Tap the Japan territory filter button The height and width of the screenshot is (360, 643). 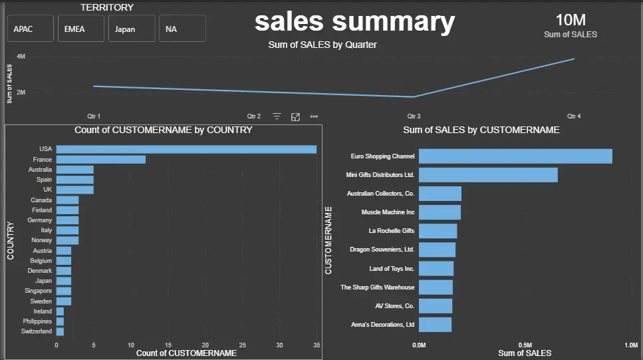[132, 29]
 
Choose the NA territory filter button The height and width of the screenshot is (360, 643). [182, 29]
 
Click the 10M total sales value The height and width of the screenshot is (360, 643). [570, 20]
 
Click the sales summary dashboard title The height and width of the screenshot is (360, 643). [354, 21]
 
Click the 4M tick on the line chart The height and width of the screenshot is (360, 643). [21, 57]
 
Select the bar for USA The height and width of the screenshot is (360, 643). [186, 149]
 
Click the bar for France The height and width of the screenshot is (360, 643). [100, 160]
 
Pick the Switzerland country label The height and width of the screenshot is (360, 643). [37, 331]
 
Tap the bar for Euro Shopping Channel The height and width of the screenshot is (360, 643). [515, 156]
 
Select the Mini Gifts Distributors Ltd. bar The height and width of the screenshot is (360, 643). [488, 175]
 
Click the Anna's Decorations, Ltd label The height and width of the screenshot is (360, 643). [382, 325]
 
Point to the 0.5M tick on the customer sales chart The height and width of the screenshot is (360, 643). [525, 345]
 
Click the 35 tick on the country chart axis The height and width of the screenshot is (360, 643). [317, 345]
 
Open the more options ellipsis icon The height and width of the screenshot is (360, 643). [314, 116]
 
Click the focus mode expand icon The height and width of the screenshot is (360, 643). [296, 116]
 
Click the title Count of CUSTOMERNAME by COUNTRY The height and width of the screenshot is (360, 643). [164, 130]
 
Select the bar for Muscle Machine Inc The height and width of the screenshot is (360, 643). [440, 212]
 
